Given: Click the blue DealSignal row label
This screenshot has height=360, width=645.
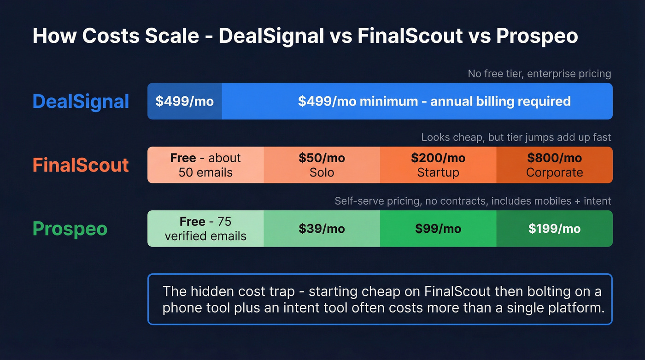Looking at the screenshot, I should click(x=81, y=101).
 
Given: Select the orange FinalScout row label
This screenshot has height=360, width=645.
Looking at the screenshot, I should click(x=81, y=165).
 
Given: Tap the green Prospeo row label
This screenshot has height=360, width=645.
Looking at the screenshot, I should click(x=70, y=229).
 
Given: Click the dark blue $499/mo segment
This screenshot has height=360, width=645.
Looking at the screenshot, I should click(x=184, y=101).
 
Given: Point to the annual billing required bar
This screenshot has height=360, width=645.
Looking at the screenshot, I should click(x=417, y=101).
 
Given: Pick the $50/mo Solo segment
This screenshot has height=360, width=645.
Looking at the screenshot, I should click(x=322, y=165).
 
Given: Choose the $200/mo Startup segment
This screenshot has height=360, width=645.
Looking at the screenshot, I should click(x=438, y=165).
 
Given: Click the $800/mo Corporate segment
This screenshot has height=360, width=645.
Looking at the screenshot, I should click(x=554, y=165).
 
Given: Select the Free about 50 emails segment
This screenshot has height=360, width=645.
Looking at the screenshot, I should click(x=205, y=165).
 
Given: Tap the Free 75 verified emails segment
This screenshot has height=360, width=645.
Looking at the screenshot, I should click(x=205, y=229).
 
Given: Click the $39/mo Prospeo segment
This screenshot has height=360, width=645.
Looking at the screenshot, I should click(x=322, y=229).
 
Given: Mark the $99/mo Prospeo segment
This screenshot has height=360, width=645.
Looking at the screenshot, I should click(x=438, y=229).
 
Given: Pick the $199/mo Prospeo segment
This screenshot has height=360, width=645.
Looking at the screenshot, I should click(x=554, y=229).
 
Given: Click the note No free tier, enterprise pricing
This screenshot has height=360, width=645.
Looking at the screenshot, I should click(x=539, y=74).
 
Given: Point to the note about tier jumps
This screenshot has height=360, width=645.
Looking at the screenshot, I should click(x=516, y=137).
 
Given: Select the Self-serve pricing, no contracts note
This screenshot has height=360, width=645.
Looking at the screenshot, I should click(x=473, y=201).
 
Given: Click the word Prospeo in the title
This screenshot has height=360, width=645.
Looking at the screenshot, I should click(x=537, y=36).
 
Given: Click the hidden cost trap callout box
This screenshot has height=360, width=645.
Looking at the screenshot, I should click(x=380, y=300).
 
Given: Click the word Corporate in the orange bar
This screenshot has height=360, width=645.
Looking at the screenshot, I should click(x=554, y=172).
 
